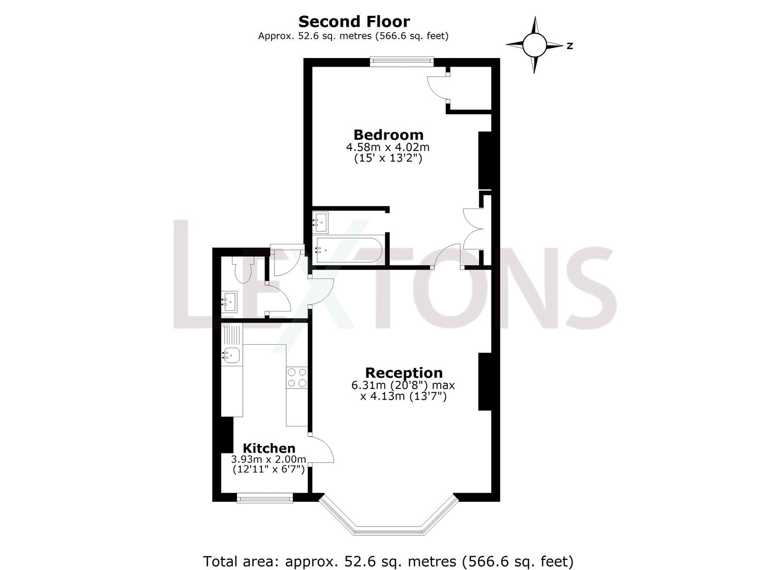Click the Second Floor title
[354, 22]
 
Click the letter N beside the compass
[570, 46]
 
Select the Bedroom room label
[388, 135]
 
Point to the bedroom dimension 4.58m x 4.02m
[388, 147]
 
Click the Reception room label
[403, 373]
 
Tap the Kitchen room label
[269, 448]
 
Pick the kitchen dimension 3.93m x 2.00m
[269, 459]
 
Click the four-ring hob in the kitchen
[297, 377]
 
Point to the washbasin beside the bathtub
[320, 223]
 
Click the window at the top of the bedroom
[402, 61]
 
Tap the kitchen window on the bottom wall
[265, 498]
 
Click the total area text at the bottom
[388, 560]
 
